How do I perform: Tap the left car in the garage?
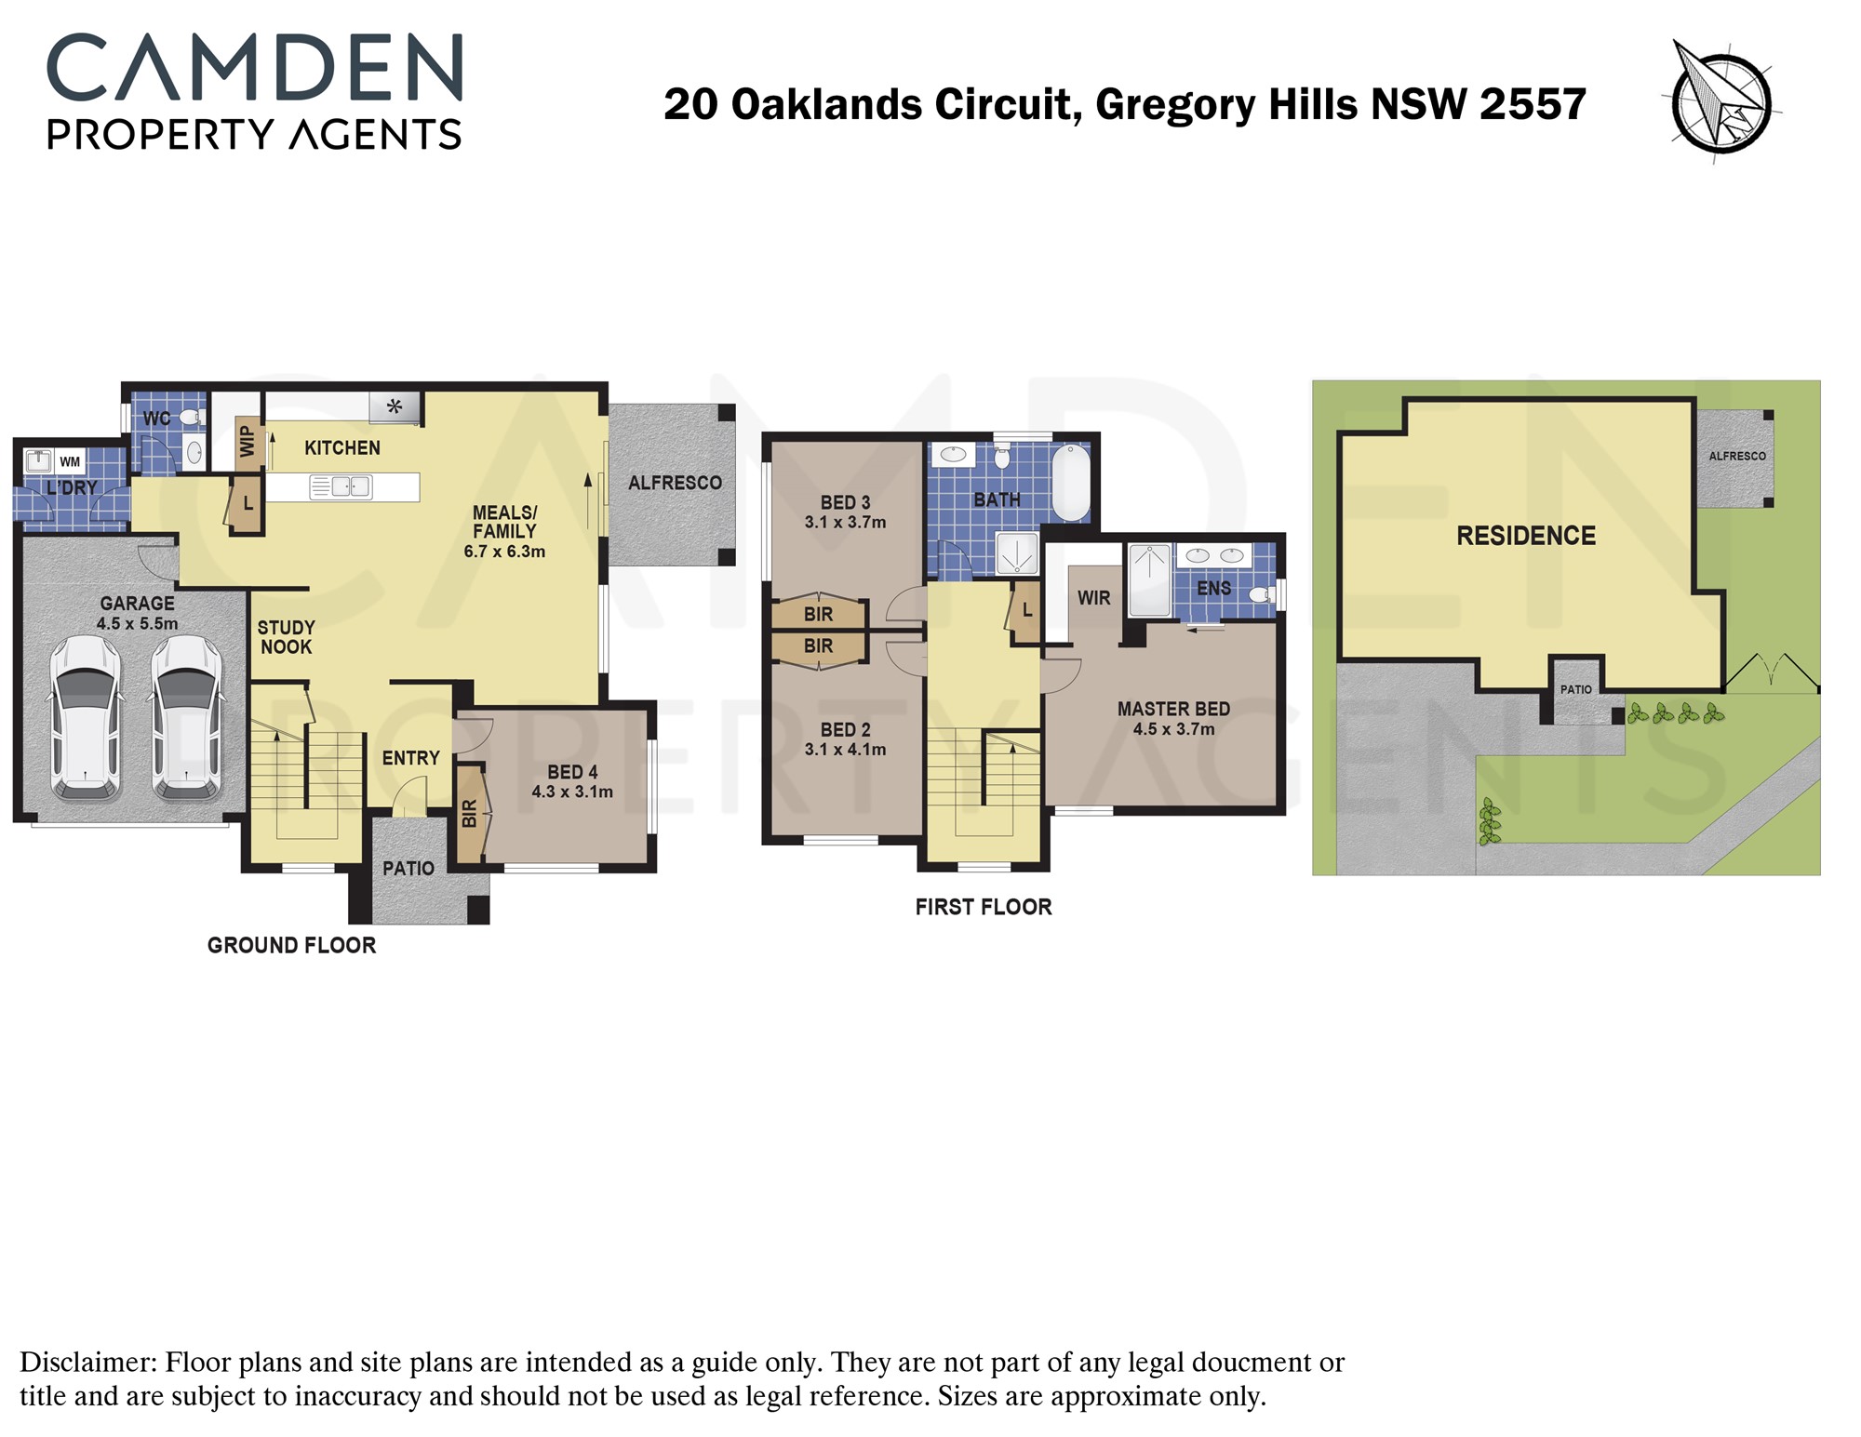coord(85,718)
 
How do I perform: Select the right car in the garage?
coord(187,718)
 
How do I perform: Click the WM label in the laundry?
coord(70,461)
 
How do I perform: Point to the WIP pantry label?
coord(248,441)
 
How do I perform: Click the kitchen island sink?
coord(341,486)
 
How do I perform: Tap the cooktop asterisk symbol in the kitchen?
coord(395,406)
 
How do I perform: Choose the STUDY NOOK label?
coord(287,637)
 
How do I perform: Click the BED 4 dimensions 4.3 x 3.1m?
coord(572,792)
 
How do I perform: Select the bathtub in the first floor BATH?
coord(1071,483)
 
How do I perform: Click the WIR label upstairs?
coord(1094,598)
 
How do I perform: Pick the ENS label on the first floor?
coord(1213,588)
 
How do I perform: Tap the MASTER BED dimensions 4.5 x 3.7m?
coord(1173,729)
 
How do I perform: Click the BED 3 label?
coord(846,502)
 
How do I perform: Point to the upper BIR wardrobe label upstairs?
coord(819,614)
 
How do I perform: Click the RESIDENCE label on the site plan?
coord(1526,536)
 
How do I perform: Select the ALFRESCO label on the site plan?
coord(1737,457)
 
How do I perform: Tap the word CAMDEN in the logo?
coord(254,68)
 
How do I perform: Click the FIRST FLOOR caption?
coord(984,907)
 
